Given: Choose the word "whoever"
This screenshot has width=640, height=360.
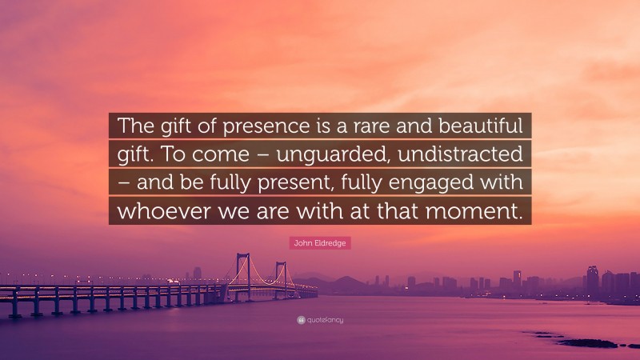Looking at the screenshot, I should click(x=162, y=211).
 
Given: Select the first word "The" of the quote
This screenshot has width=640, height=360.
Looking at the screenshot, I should click(x=136, y=127).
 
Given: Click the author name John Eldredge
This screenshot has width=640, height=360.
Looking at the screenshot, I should click(x=319, y=242).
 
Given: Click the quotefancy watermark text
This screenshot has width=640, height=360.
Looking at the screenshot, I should click(x=324, y=319).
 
